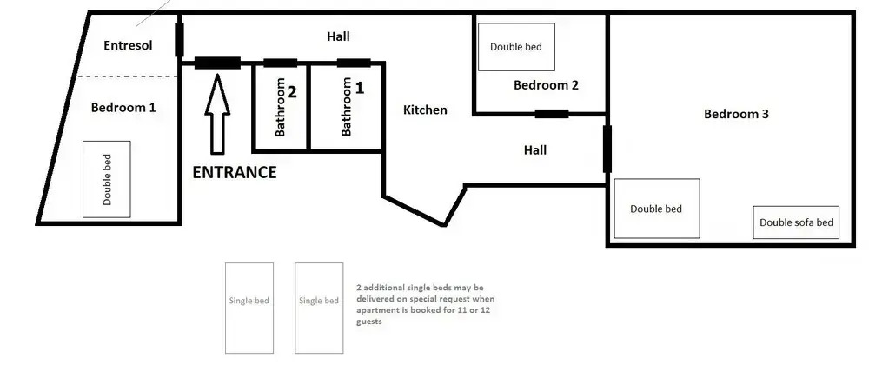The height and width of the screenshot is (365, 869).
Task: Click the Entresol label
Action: (128, 45)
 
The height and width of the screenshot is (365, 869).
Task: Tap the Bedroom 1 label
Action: (123, 108)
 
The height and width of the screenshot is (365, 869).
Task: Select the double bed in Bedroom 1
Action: (106, 179)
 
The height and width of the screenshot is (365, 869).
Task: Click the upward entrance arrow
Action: (217, 114)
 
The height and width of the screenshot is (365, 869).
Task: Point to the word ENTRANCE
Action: (235, 172)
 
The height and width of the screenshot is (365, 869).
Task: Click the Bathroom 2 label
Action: (285, 107)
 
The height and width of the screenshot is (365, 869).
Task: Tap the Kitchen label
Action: (425, 109)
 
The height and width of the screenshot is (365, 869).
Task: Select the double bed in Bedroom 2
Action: (516, 47)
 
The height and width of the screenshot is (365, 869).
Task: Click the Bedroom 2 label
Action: (546, 85)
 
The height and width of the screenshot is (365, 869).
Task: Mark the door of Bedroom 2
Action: (552, 114)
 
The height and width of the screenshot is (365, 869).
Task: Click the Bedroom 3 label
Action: (736, 114)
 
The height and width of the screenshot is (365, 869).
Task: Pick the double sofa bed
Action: (796, 222)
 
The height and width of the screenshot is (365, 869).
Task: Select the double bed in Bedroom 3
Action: (657, 209)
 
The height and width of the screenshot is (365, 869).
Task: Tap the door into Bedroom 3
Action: (607, 149)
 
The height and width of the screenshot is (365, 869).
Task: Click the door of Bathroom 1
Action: (354, 63)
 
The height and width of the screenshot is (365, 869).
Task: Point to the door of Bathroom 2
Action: (281, 63)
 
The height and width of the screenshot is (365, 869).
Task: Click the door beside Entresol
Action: (179, 39)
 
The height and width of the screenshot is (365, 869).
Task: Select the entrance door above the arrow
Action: (217, 63)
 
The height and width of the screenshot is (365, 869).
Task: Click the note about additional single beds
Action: (423, 305)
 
